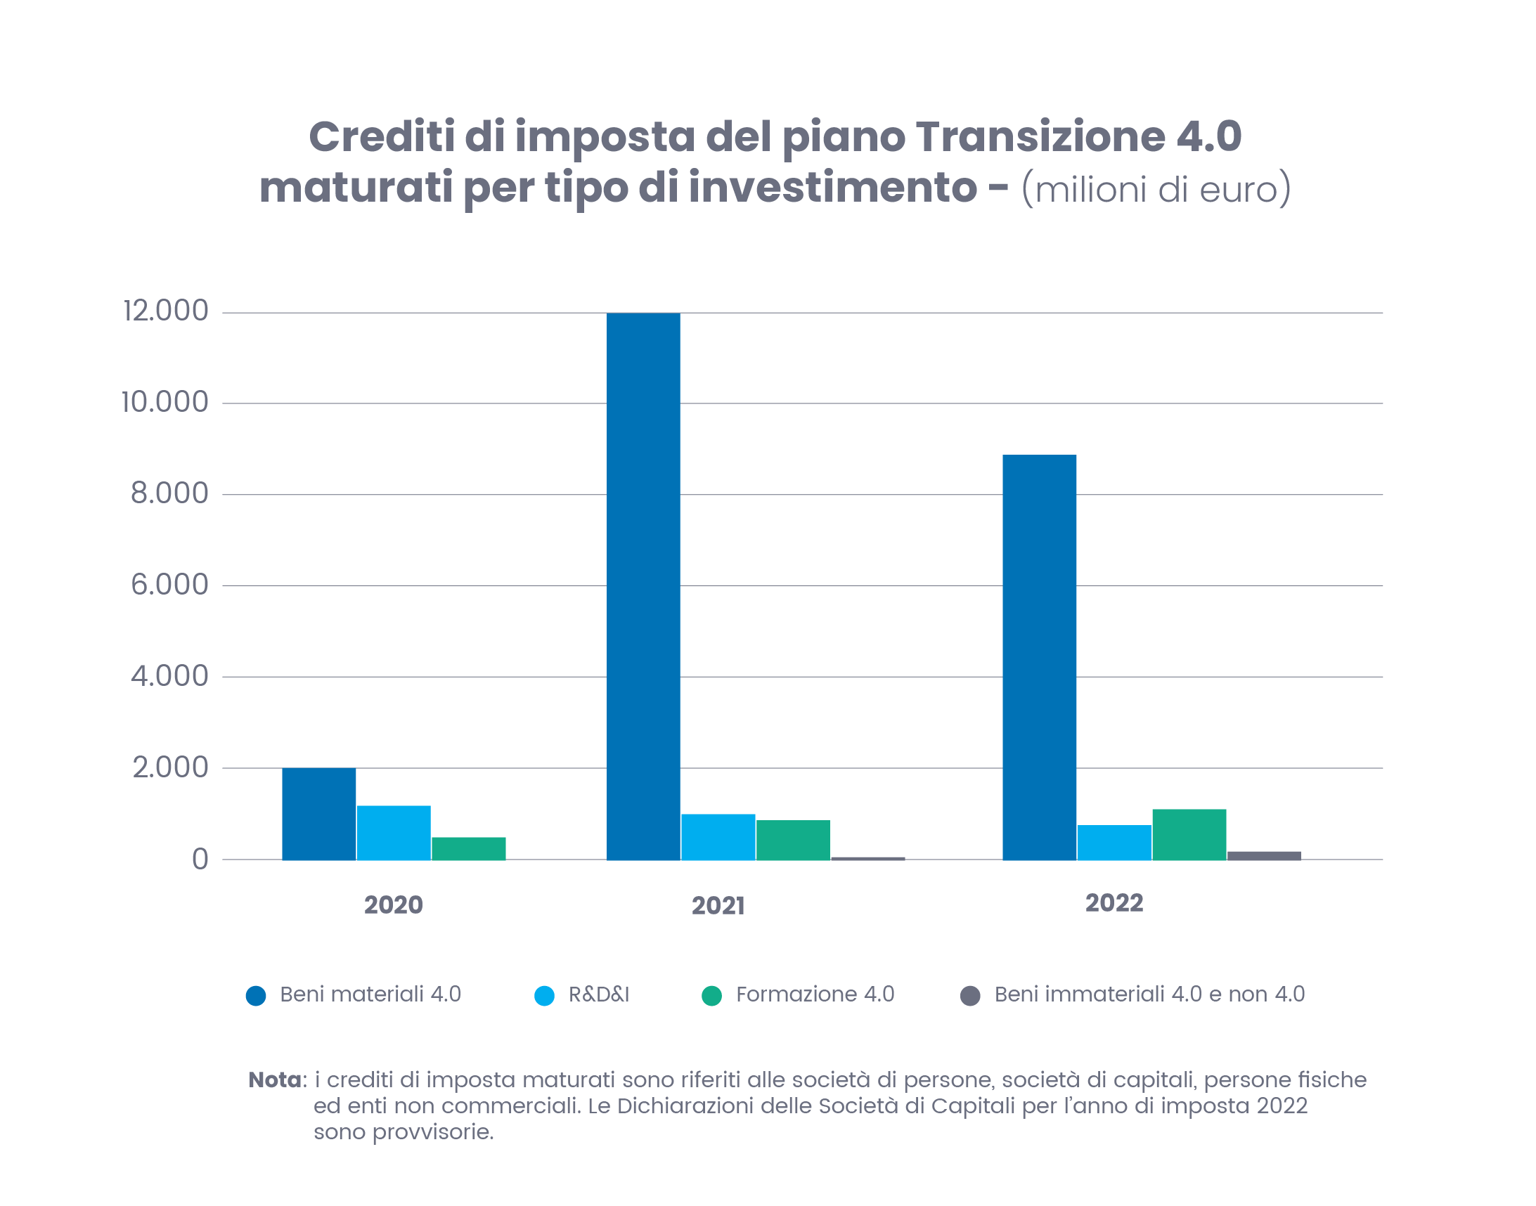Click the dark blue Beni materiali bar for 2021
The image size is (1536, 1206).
643,586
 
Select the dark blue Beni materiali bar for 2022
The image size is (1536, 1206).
1039,656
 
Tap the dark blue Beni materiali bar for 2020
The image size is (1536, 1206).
318,813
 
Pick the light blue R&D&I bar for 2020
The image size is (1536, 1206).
394,833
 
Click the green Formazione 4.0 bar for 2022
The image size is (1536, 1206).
1189,834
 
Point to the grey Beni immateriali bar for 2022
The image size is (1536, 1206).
1263,855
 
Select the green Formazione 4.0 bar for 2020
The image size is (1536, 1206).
468,848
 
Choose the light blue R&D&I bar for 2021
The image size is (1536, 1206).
718,837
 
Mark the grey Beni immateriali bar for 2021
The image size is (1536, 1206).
867,858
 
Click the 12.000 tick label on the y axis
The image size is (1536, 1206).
166,311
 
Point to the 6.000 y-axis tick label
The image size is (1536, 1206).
169,585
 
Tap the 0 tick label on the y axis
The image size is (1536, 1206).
200,860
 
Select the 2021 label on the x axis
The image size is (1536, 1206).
718,905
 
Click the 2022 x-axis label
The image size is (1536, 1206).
1114,903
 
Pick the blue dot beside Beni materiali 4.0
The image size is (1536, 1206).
256,996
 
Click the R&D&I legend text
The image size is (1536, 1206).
598,994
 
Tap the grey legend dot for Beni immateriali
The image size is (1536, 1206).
969,996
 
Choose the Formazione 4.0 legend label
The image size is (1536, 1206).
814,994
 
